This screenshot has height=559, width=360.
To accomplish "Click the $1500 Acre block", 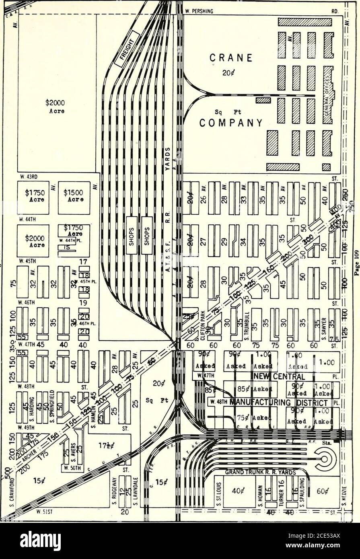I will click(74, 197).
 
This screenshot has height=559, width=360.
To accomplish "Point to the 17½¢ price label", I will click(107, 446).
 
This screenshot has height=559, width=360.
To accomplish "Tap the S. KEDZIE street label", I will click(344, 492).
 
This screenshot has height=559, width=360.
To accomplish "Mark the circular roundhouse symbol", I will click(324, 458).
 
